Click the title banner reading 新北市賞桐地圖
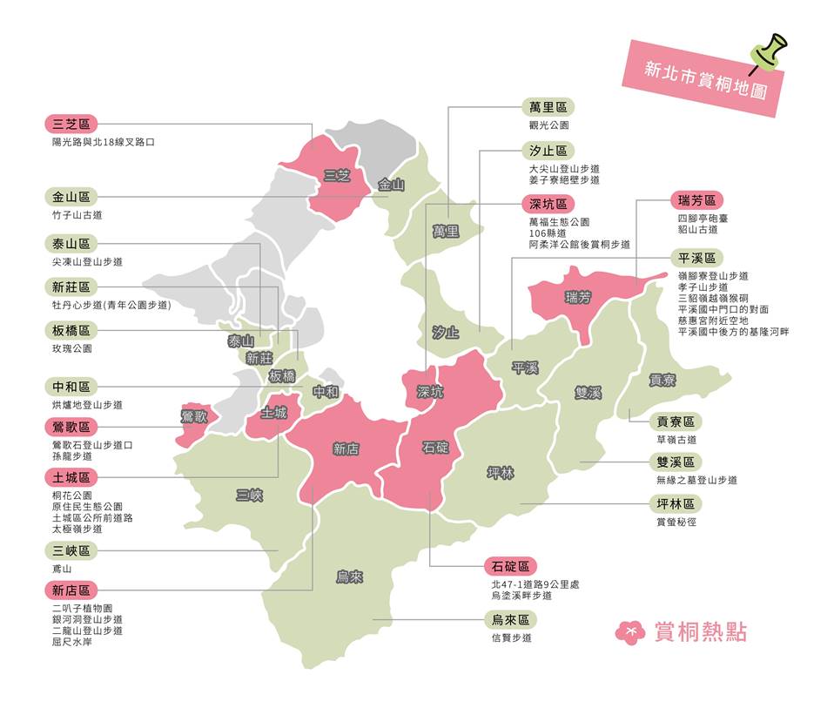(x=705, y=78)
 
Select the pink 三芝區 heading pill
(x=71, y=124)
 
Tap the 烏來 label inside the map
(x=349, y=577)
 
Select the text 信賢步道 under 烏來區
(x=511, y=637)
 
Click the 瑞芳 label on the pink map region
(x=577, y=298)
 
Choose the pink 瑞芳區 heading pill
(x=696, y=200)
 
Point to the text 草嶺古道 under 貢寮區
(x=676, y=440)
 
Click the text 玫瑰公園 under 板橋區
(x=71, y=348)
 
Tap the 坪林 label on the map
(x=501, y=473)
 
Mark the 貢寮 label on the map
(x=662, y=381)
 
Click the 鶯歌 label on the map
(x=193, y=415)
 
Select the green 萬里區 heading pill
(x=548, y=107)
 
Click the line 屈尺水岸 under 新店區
(x=71, y=642)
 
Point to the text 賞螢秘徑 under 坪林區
(x=676, y=522)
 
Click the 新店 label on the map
(x=346, y=449)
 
